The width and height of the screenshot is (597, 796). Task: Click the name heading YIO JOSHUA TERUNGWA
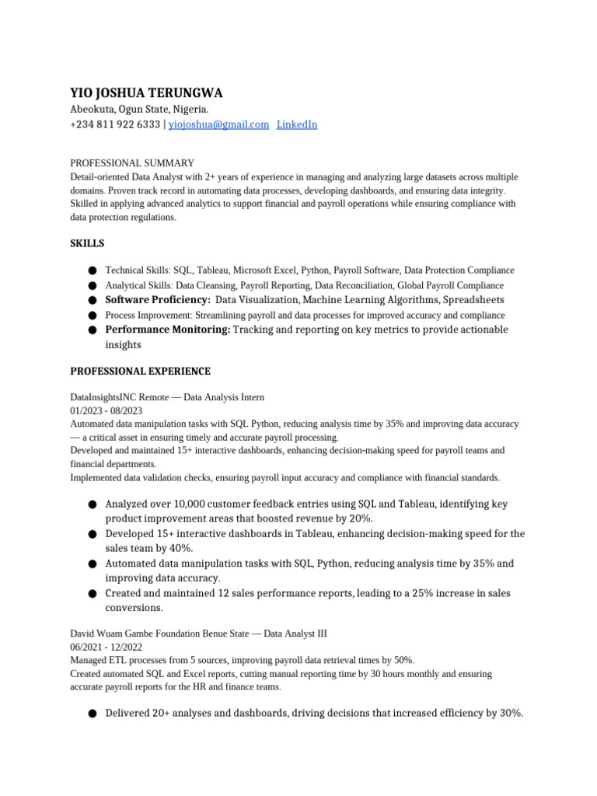click(146, 93)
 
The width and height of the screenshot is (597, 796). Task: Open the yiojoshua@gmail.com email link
click(218, 124)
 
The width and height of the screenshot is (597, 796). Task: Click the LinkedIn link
click(297, 124)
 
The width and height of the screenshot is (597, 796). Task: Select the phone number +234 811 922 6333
click(115, 124)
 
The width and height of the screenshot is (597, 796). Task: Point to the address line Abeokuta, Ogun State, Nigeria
click(139, 110)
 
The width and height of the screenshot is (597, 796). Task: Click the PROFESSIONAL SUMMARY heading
click(132, 163)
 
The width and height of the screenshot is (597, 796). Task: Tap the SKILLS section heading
click(87, 243)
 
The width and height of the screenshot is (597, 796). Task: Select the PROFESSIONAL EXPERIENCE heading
click(140, 372)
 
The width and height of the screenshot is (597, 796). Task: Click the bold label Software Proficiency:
click(158, 300)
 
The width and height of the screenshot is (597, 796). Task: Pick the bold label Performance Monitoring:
click(168, 330)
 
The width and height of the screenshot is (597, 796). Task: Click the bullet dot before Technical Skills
click(93, 271)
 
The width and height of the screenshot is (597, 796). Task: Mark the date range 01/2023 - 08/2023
click(106, 410)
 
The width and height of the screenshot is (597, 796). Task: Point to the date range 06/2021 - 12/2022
click(106, 647)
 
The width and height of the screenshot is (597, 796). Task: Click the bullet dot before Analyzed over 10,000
click(93, 504)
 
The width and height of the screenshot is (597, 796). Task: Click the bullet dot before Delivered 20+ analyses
click(93, 713)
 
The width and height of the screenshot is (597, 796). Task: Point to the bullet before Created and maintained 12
click(93, 594)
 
